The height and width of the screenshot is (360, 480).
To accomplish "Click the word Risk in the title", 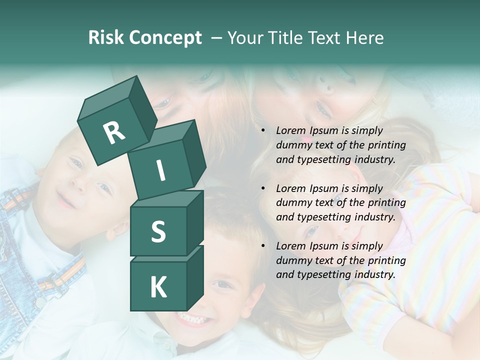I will (105, 38).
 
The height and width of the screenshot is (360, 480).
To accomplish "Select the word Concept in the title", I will (165, 38).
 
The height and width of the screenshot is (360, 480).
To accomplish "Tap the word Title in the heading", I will (288, 38).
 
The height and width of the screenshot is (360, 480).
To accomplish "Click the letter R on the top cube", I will (114, 132).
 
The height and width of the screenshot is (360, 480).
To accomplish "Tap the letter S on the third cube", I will (158, 232).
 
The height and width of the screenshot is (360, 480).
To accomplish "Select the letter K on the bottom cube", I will (158, 287).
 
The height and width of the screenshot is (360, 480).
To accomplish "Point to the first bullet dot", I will (263, 131).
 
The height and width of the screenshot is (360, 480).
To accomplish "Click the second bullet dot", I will (263, 189).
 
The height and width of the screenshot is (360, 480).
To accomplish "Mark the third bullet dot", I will (263, 246).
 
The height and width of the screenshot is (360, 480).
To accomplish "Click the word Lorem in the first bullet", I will (290, 131).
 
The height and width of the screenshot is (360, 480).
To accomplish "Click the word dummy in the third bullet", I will (292, 260).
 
